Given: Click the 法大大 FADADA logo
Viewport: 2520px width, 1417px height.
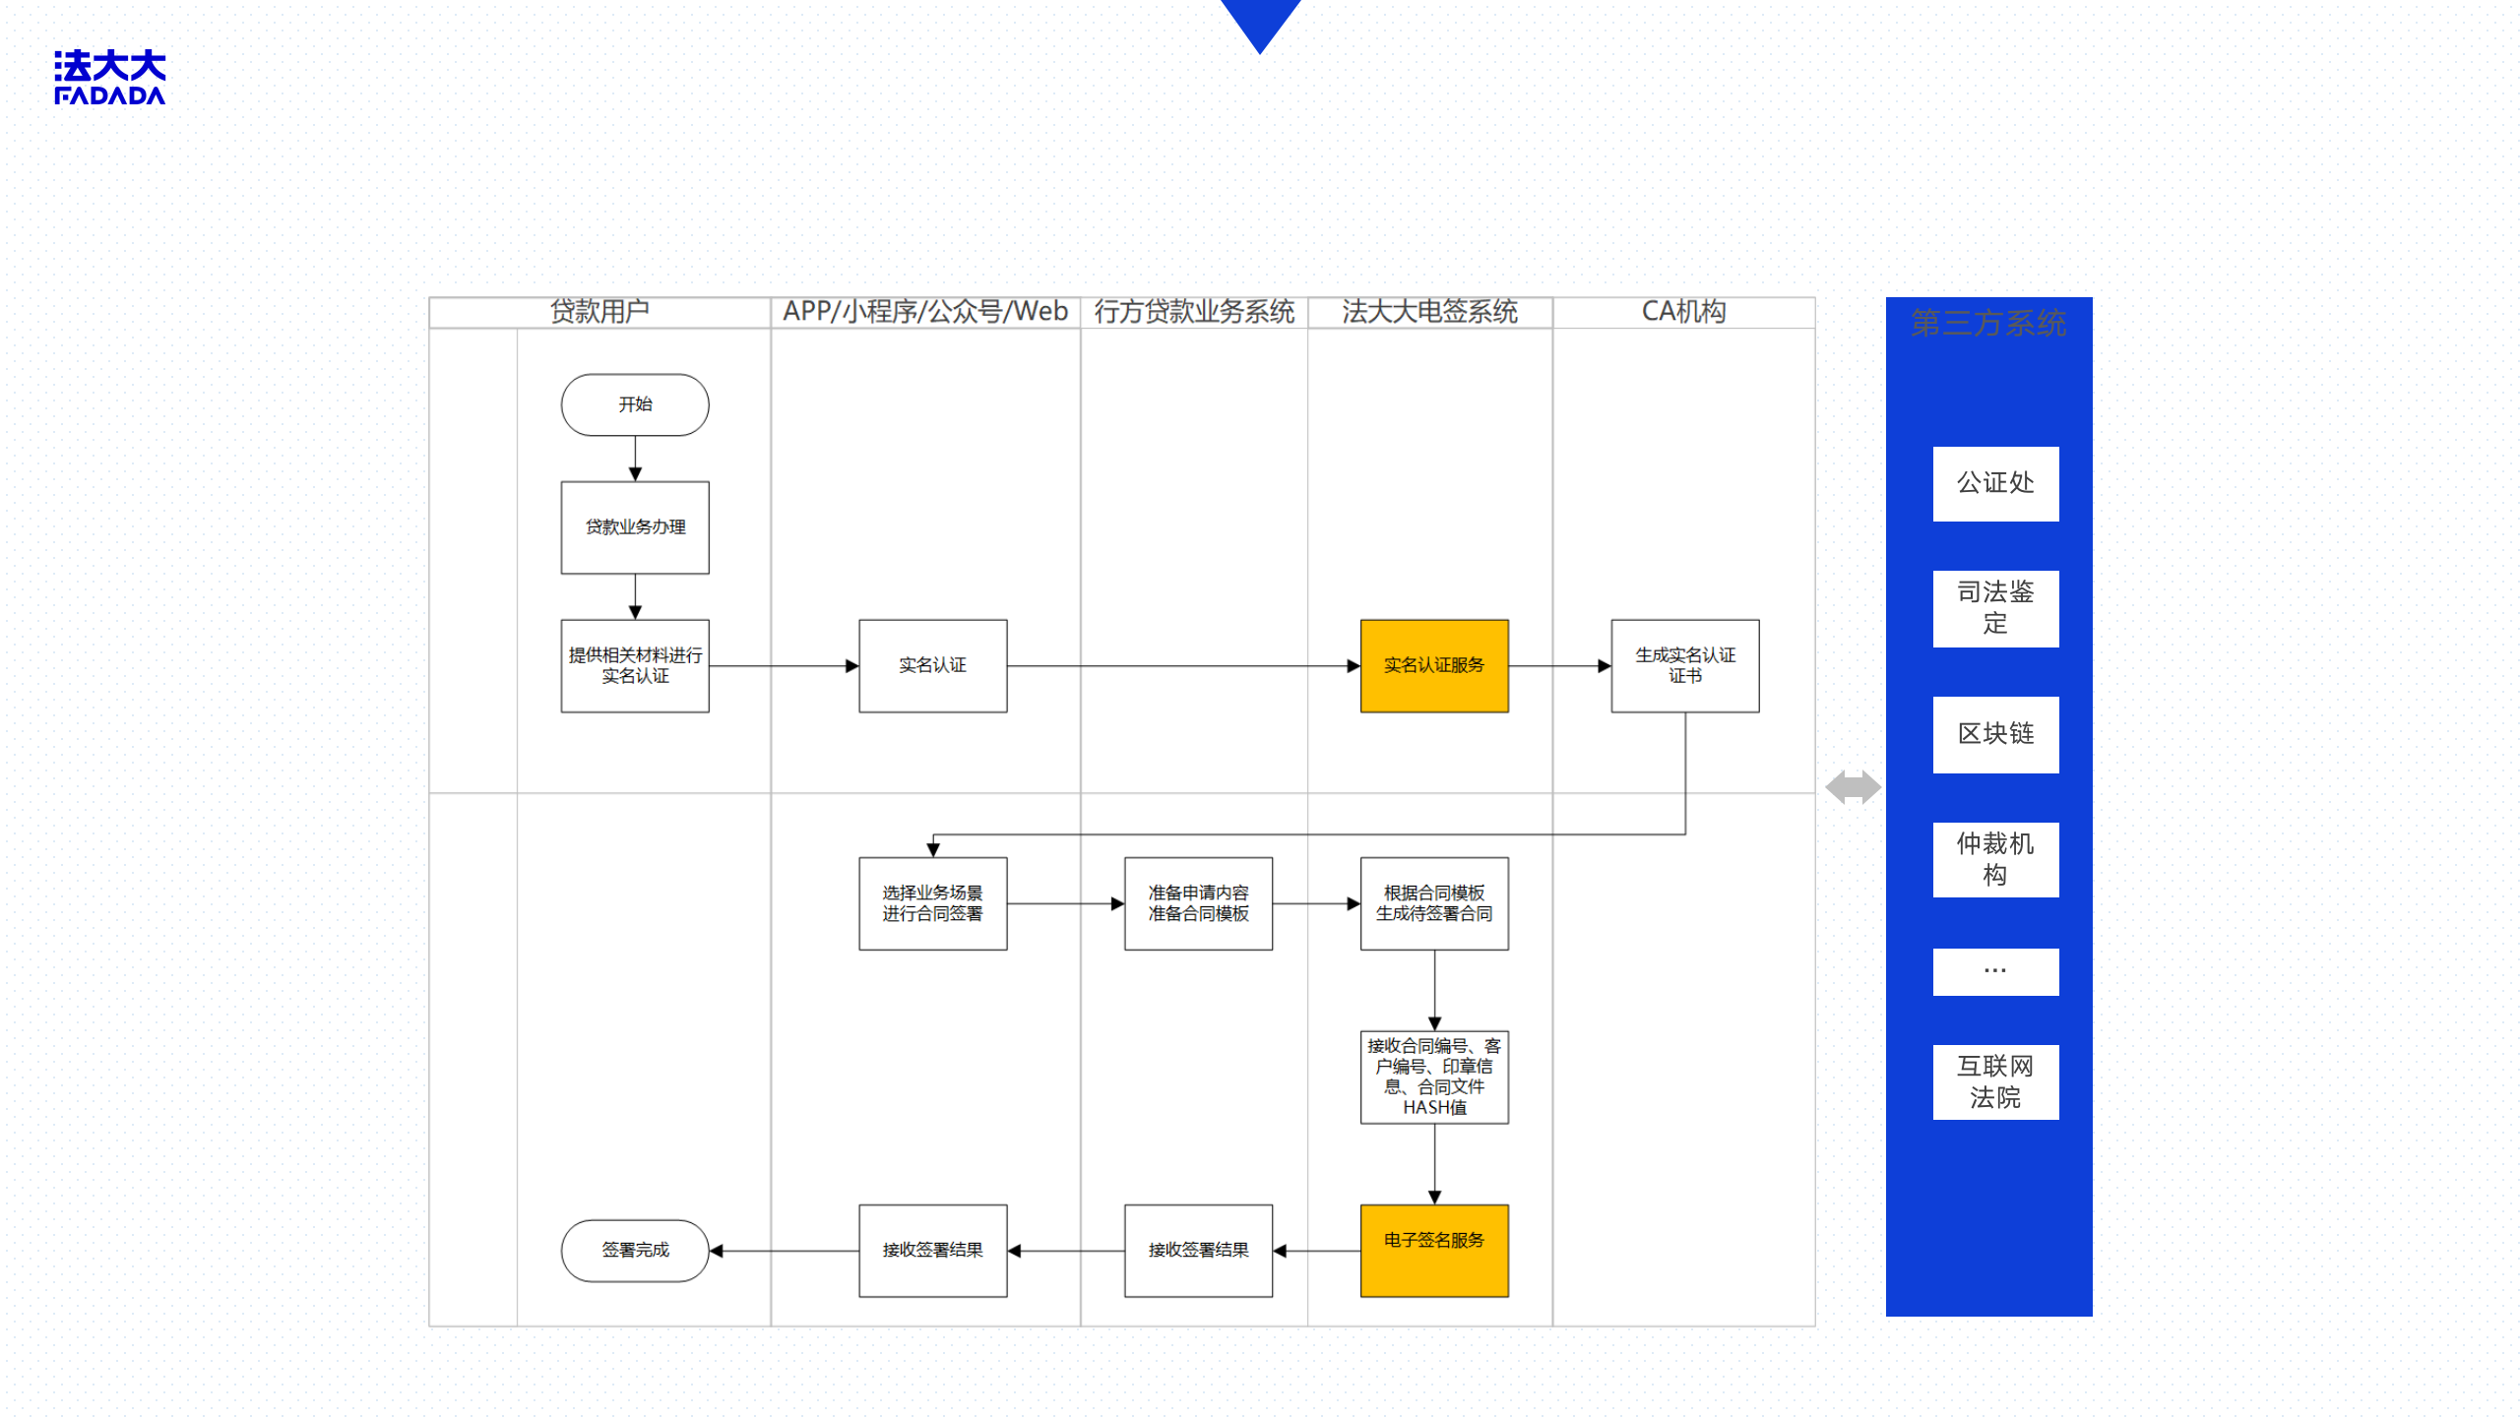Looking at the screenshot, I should coord(109,78).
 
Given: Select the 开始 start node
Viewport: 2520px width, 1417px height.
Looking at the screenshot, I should coord(635,404).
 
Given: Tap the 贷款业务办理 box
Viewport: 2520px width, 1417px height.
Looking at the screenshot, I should coord(635,527).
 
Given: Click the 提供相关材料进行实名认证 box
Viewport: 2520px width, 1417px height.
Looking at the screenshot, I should coord(635,665).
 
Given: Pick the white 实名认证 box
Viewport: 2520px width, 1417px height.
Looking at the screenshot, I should coord(932,665).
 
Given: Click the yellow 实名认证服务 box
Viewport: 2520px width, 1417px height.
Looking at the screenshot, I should coord(1433,665).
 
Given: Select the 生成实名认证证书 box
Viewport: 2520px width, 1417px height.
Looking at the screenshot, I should coord(1684,665).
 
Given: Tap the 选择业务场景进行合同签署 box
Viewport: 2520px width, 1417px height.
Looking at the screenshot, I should coord(932,903).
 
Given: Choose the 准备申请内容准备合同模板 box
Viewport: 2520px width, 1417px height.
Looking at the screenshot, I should coord(1198,903).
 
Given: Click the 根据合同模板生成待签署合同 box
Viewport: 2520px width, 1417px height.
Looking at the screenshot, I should coord(1433,903).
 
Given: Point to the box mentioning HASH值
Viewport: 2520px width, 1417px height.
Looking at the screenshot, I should coord(1433,1077).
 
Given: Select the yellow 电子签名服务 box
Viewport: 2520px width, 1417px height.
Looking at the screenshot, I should coord(1433,1250).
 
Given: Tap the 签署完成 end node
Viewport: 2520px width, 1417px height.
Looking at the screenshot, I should coord(635,1250).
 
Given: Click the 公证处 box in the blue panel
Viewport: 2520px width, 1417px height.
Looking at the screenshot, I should coord(1994,483).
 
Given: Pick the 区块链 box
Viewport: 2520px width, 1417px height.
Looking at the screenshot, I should coord(1994,734).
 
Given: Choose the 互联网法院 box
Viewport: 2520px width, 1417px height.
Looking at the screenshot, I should coord(1994,1081).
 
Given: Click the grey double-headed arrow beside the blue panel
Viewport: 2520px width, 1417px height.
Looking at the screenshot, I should coord(1853,787).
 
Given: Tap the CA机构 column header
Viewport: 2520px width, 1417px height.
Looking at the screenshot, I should coord(1683,312).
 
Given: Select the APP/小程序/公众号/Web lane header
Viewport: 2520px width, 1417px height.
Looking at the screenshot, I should coord(924,312).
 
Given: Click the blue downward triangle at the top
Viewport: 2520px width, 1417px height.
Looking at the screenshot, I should coord(1260,22).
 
